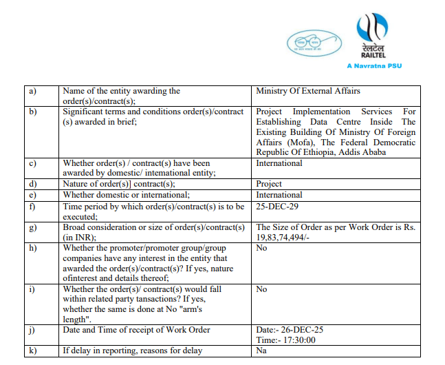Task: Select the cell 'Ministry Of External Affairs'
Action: tap(307, 91)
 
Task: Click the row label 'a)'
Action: tap(32, 91)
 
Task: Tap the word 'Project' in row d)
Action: tap(269, 184)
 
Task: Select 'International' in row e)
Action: tap(279, 195)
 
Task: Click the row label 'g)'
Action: tap(32, 227)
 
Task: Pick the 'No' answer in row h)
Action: tap(261, 248)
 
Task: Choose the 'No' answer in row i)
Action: tap(261, 289)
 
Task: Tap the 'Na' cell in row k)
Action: tap(261, 351)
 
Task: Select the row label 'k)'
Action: tap(32, 351)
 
